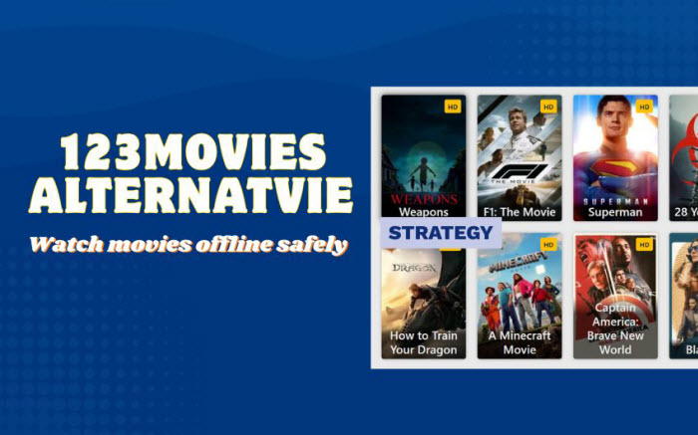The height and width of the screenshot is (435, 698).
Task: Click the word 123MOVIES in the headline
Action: pyautogui.click(x=191, y=152)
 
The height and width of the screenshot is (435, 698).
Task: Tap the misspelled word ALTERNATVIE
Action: pyautogui.click(x=190, y=194)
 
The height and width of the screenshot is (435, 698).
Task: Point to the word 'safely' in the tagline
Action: pyautogui.click(x=316, y=244)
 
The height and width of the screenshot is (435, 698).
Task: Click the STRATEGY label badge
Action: pyautogui.click(x=441, y=233)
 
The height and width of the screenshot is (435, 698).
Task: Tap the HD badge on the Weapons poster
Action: pyautogui.click(x=452, y=107)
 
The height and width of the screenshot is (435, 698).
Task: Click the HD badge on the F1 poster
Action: pyautogui.click(x=547, y=107)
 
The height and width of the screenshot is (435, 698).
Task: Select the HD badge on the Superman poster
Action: pyautogui.click(x=643, y=107)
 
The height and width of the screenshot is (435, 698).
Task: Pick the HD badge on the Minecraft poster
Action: pyautogui.click(x=547, y=244)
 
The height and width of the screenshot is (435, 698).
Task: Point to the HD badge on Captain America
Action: pyautogui.click(x=643, y=244)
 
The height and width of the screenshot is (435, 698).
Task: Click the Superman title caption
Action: pyautogui.click(x=615, y=212)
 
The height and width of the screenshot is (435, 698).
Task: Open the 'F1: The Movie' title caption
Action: pyautogui.click(x=519, y=212)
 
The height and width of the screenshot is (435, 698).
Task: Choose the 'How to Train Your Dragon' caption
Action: pyautogui.click(x=424, y=342)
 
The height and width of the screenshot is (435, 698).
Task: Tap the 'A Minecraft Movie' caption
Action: pyautogui.click(x=519, y=342)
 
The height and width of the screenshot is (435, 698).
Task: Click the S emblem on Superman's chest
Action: pyautogui.click(x=615, y=167)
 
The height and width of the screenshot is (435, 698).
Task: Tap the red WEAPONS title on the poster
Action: pyautogui.click(x=423, y=199)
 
